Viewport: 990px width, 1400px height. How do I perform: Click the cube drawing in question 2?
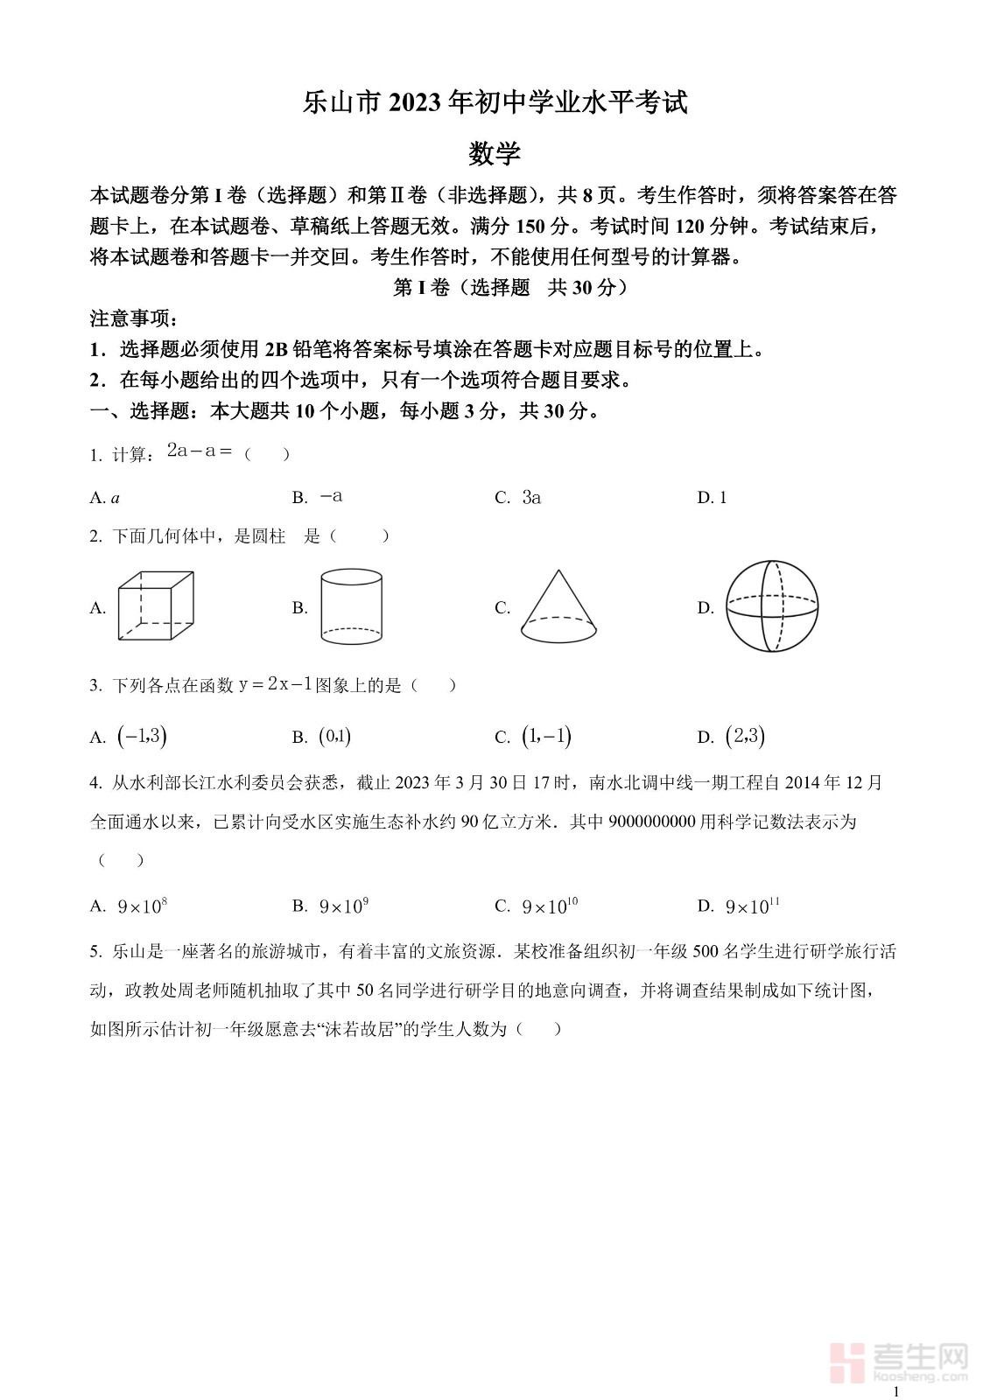tap(156, 606)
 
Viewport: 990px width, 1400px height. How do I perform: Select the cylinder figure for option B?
tap(352, 605)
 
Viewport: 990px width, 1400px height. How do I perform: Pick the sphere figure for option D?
tap(771, 606)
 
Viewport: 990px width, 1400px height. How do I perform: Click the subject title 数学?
tap(495, 154)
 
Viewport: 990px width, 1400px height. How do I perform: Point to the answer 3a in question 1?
tap(531, 498)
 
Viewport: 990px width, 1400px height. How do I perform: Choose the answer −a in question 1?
tap(331, 496)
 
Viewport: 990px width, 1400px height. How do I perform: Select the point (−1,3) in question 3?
tap(142, 737)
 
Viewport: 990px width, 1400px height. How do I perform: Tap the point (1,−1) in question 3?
tap(546, 737)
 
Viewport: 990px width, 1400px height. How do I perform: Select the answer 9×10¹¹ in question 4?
tap(752, 906)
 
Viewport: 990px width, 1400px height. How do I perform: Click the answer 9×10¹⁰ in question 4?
tap(550, 906)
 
